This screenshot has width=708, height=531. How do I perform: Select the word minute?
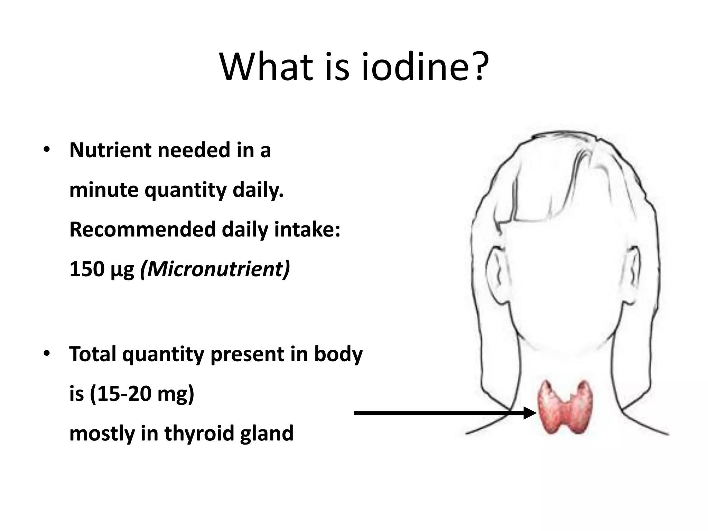pyautogui.click(x=104, y=190)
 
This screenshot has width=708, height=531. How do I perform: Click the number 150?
pyautogui.click(x=87, y=269)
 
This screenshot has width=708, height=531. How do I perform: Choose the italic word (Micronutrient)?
pyautogui.click(x=215, y=269)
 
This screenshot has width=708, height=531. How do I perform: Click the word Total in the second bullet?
pyautogui.click(x=93, y=354)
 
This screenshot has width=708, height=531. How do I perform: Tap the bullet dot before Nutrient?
pyautogui.click(x=46, y=150)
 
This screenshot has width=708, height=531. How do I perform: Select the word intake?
pyautogui.click(x=307, y=230)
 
